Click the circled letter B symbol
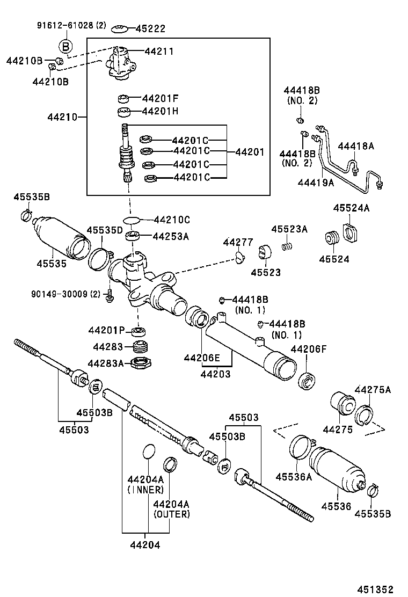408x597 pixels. [x=64, y=47]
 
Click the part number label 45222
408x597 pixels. [x=150, y=29]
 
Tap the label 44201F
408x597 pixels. [x=160, y=99]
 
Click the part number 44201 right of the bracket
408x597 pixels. [x=250, y=152]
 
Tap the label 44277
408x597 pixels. [x=238, y=243]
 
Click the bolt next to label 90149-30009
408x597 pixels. [x=110, y=295]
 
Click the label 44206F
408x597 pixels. [x=309, y=349]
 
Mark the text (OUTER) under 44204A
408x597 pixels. [x=172, y=514]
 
